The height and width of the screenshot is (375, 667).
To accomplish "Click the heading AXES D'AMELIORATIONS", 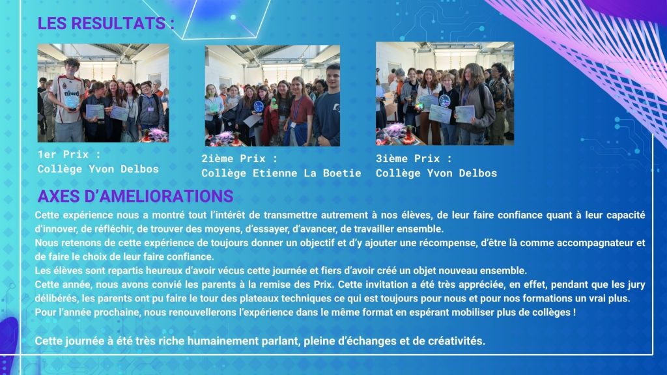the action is (135, 196).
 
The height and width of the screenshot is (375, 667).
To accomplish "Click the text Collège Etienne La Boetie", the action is (281, 173).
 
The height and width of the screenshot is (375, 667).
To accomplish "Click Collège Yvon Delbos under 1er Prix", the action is (98, 169).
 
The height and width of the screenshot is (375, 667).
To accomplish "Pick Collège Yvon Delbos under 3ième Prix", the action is (436, 173).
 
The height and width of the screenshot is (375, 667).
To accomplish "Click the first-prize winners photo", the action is (104, 93).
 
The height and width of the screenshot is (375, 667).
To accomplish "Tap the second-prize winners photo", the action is (272, 96).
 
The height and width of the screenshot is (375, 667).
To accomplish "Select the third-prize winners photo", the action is (445, 94).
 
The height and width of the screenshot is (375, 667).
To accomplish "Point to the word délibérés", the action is (56, 298).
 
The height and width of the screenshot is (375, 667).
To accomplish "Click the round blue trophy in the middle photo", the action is (259, 106).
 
